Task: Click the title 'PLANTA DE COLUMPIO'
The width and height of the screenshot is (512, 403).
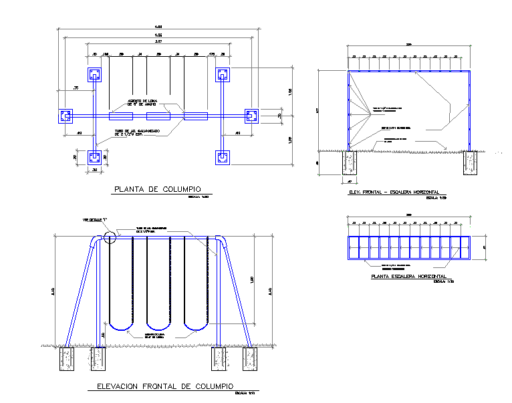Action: tap(158, 189)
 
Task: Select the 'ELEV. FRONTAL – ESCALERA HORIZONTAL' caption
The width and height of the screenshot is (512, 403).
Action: tap(394, 192)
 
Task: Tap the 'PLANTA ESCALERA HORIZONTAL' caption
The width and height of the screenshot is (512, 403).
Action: tap(409, 276)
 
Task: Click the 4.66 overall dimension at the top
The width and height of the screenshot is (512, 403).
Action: tap(158, 27)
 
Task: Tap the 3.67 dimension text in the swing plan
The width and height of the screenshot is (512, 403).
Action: tap(158, 42)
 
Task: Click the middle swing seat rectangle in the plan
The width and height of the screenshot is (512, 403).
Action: tap(158, 116)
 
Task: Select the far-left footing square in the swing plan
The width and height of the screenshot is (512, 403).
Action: tap(66, 116)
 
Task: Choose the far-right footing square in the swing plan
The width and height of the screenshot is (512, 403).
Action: tap(251, 116)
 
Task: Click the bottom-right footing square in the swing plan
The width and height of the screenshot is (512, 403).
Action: tap(223, 158)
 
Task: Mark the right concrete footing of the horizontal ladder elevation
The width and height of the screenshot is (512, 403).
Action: tap(470, 163)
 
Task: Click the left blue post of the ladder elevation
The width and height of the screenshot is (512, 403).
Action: tap(348, 111)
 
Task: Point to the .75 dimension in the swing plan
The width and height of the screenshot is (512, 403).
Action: tap(76, 88)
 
